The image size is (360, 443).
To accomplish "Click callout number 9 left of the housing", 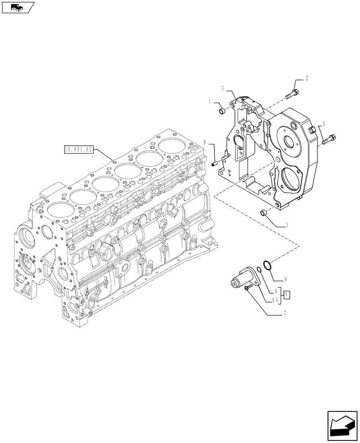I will [206, 142].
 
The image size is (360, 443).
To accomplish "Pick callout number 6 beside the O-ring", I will [286, 279].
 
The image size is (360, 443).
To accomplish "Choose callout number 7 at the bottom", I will [285, 313].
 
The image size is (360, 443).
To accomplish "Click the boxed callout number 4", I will [287, 295].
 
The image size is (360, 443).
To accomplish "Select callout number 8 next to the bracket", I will [276, 292].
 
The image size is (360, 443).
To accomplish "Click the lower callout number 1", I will [287, 225].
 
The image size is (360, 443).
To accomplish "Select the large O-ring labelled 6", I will [266, 265].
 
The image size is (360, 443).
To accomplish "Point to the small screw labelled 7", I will [248, 289].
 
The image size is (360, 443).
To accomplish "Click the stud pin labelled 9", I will [215, 163].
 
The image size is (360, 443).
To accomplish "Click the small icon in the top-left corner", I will [18, 7].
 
